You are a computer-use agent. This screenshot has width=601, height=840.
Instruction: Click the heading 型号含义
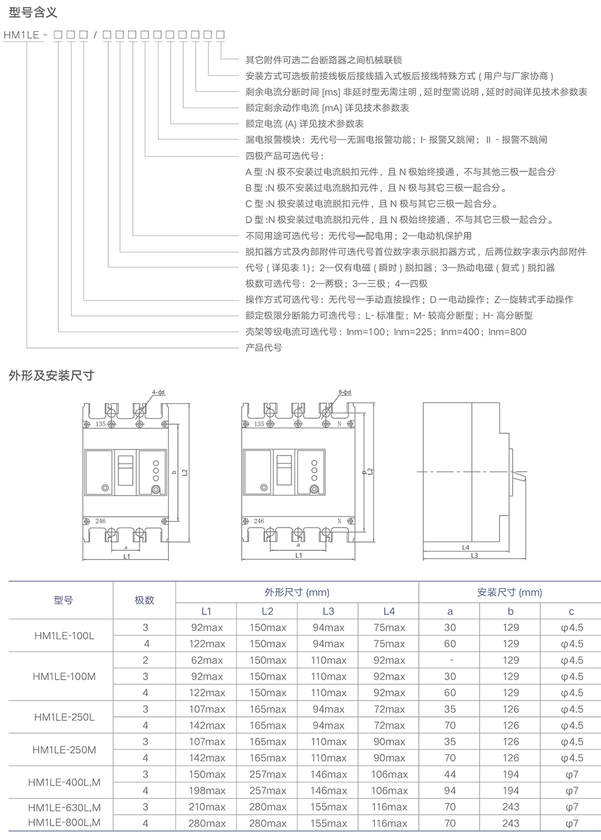tap(34, 12)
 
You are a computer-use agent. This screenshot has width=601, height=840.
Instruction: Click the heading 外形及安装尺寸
tap(52, 376)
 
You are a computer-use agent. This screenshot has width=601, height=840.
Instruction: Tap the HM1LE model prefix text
tap(21, 35)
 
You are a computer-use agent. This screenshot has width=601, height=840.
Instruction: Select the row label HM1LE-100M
tap(64, 677)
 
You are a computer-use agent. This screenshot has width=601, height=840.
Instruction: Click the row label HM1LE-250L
tap(64, 717)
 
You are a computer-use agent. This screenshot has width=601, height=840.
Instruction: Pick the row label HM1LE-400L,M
tap(64, 782)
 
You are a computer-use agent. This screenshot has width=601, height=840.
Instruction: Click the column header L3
tap(328, 611)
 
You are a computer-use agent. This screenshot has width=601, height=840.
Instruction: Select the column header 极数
tap(144, 600)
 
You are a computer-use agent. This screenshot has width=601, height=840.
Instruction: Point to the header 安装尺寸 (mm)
tap(510, 592)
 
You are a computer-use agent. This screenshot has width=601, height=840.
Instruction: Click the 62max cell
tap(207, 660)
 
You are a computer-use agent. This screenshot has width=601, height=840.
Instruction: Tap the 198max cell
tap(207, 791)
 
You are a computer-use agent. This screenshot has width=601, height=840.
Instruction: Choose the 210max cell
tap(207, 807)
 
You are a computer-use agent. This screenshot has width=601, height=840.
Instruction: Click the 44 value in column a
tap(450, 775)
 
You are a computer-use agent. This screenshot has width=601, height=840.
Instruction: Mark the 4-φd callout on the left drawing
tap(159, 392)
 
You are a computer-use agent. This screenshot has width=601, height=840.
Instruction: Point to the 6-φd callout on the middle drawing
tap(344, 392)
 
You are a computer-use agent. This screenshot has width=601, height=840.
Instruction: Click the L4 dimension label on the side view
tap(465, 547)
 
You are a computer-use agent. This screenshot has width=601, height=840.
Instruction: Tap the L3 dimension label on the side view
tap(474, 556)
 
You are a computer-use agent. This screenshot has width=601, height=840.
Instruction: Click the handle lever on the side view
tap(517, 478)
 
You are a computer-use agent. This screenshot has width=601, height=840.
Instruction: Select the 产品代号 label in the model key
tap(264, 347)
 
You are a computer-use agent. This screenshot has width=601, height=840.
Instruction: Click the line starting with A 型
tap(400, 172)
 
